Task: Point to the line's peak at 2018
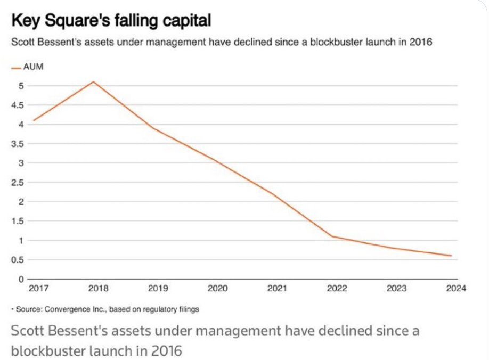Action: tap(94, 81)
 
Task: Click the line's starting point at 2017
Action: tap(33, 120)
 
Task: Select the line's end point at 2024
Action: tap(452, 256)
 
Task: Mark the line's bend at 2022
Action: tap(332, 236)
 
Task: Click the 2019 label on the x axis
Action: tap(158, 289)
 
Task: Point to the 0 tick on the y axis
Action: tap(22, 279)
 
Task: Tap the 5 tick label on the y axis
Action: tap(22, 86)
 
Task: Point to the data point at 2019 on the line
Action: tap(153, 128)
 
